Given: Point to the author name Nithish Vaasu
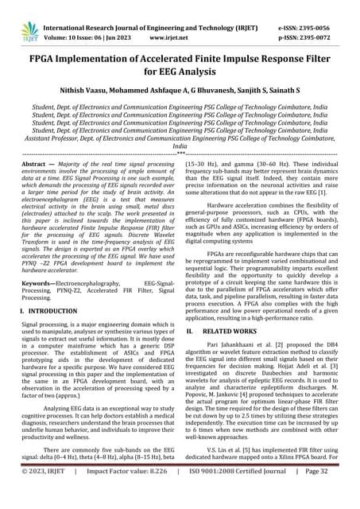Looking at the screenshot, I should [77, 92].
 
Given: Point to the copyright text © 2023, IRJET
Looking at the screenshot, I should [46, 493].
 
